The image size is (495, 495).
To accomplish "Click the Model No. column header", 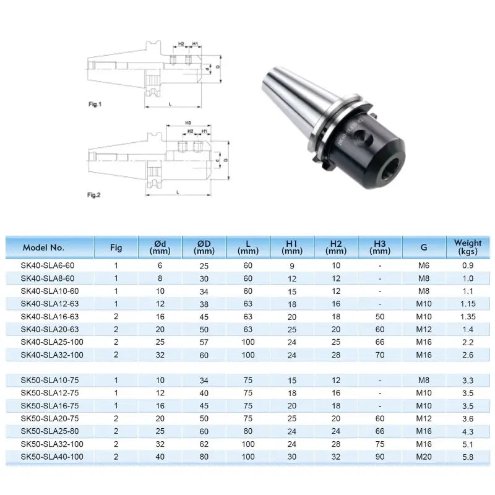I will point(43,247).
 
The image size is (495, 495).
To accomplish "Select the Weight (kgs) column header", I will point(467,247).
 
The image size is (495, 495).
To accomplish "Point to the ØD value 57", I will point(204,342).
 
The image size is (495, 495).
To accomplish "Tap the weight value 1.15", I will point(468,303).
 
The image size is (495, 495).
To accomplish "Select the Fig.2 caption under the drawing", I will point(94,195).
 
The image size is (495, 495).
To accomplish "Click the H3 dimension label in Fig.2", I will point(187,123).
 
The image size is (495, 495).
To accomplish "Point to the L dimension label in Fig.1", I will point(170,105).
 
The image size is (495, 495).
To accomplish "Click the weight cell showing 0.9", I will point(468,265).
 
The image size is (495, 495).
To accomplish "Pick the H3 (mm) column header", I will point(379,247).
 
